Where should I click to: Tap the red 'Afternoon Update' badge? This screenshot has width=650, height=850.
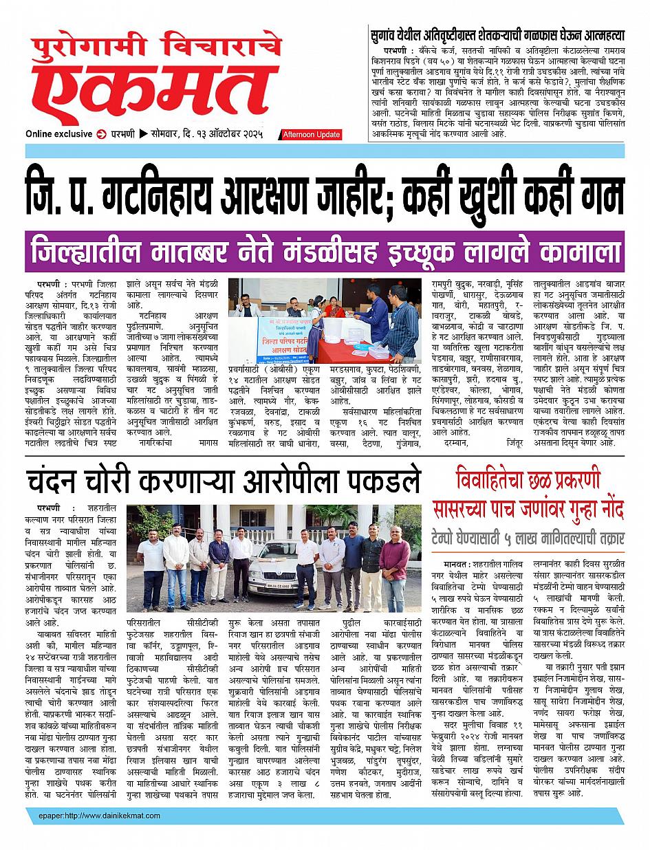pyautogui.click(x=311, y=135)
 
